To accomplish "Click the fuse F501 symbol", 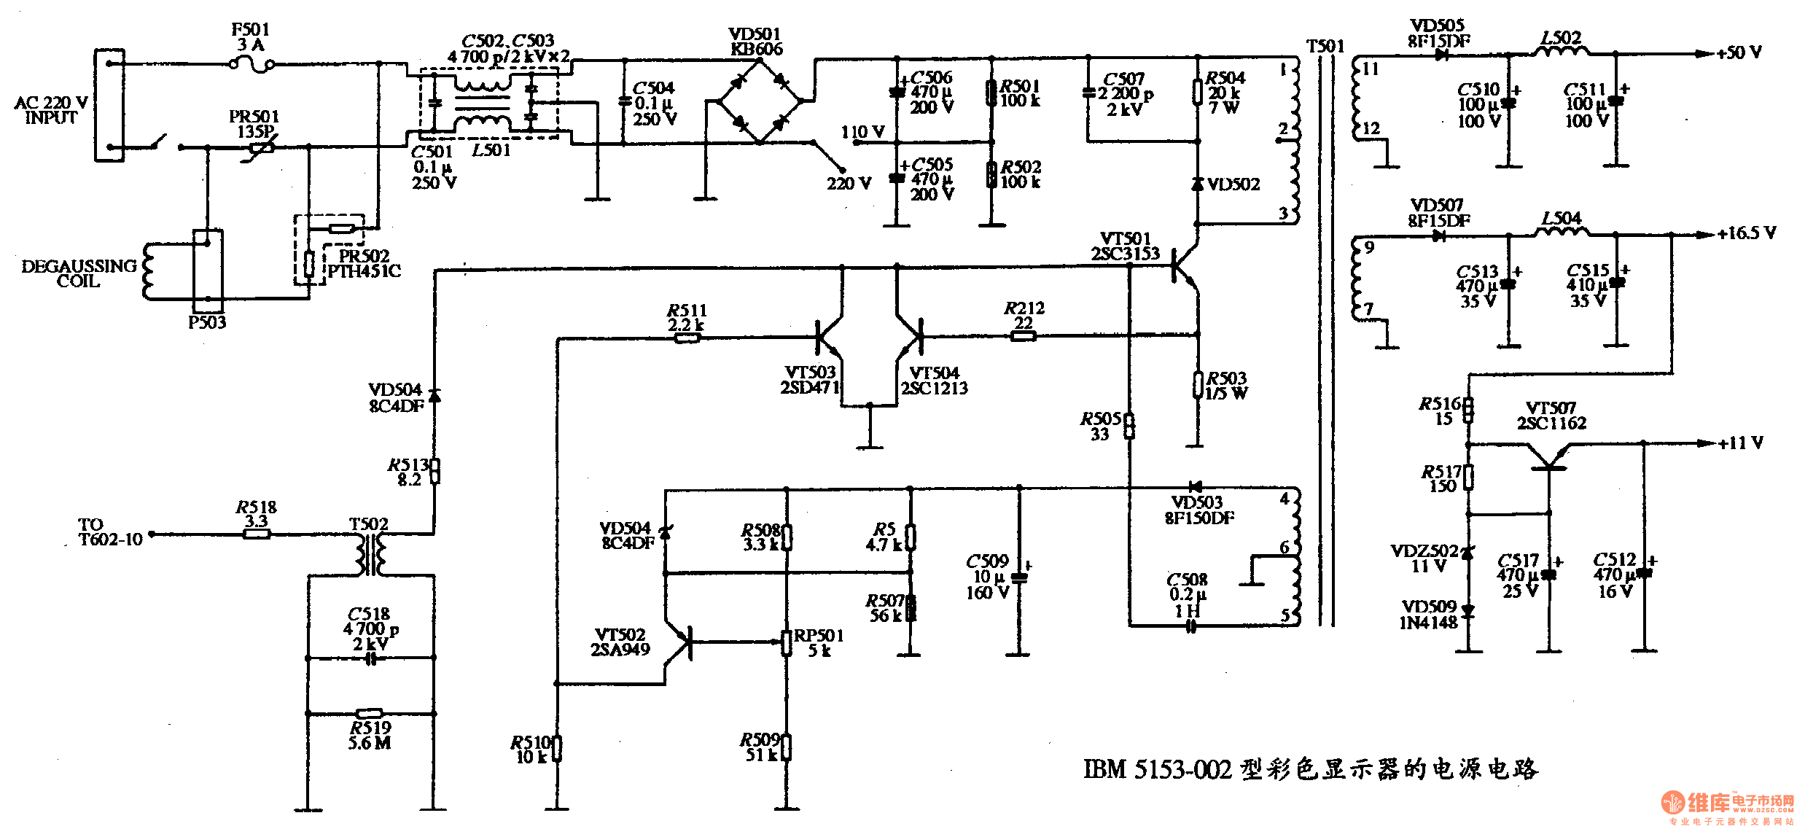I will pos(252,65).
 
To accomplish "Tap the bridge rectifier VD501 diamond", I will pos(760,101).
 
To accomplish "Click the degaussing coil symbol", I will pos(149,271).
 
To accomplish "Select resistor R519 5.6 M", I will pos(370,713).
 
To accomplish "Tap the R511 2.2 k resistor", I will pos(686,338).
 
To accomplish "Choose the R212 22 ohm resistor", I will pos(1023,335).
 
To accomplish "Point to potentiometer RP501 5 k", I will pos(787,642).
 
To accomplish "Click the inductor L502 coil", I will pos(1562,51).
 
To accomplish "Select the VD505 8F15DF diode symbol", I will pos(1440,55).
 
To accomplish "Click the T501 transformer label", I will pos(1325,46).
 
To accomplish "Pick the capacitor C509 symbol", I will pos(1019,577).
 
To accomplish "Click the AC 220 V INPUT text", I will pos(51,109).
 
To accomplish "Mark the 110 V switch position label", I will pos(863,132).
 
